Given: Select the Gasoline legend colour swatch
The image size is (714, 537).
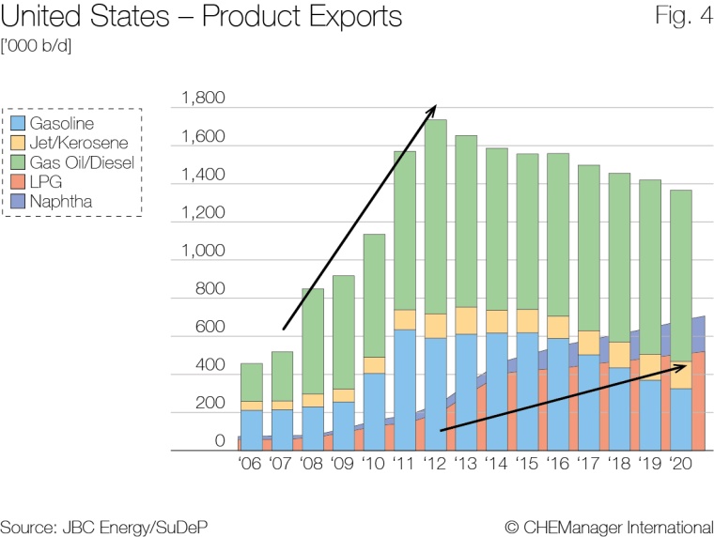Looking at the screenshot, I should (x=16, y=124).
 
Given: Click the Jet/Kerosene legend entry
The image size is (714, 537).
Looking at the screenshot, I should (x=71, y=143).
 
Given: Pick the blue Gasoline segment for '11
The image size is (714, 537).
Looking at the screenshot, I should (x=405, y=376).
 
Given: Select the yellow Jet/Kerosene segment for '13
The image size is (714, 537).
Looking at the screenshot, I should (x=466, y=320).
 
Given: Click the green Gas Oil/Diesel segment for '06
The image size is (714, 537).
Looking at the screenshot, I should (x=252, y=382).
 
